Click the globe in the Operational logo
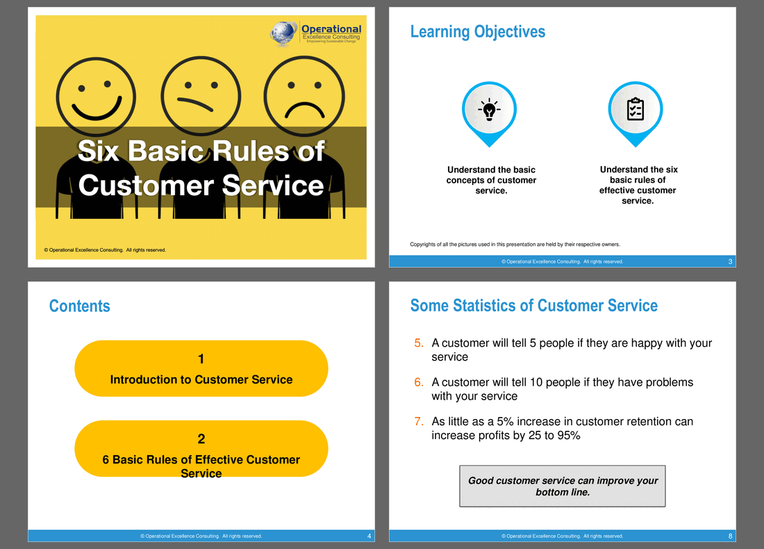(283, 33)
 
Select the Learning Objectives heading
(478, 32)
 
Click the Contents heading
(79, 306)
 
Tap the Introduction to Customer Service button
(201, 368)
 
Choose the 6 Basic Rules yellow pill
(201, 448)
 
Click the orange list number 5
(419, 343)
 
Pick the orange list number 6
(419, 382)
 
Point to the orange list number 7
(419, 421)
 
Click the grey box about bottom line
(563, 486)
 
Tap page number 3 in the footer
(730, 262)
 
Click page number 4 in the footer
(369, 536)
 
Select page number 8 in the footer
(730, 536)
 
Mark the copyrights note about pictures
(515, 245)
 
